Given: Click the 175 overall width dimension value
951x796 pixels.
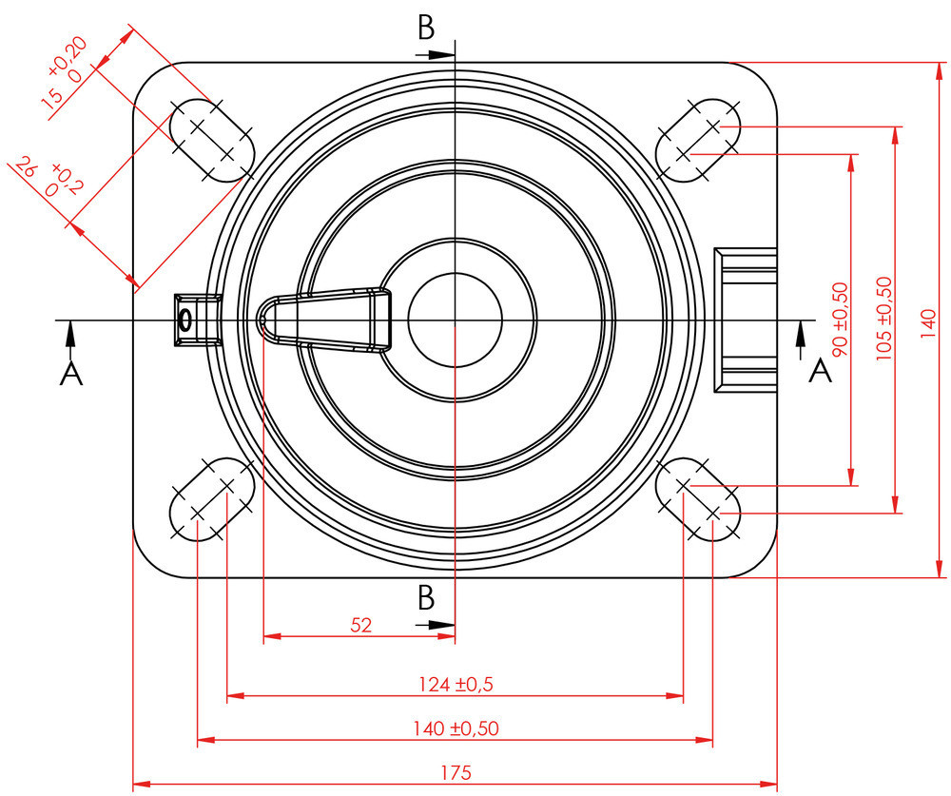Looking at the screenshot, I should [x=456, y=771].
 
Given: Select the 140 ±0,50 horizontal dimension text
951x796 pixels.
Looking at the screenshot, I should [x=456, y=728].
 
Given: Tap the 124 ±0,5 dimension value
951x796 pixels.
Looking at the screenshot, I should [x=456, y=684].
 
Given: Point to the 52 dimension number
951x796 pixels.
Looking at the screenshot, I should [x=361, y=625].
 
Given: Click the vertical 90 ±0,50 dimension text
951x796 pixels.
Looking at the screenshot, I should [x=839, y=319].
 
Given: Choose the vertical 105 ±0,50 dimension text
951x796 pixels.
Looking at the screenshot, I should [x=883, y=319].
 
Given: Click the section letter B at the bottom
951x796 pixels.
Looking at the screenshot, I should [x=426, y=598].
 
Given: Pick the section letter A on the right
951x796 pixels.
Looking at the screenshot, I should [x=820, y=372].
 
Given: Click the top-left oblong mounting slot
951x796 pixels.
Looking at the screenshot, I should [x=212, y=140].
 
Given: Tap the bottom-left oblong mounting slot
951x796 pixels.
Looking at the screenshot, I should [x=211, y=499].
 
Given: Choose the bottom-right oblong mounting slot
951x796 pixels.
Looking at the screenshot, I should [x=699, y=499].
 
